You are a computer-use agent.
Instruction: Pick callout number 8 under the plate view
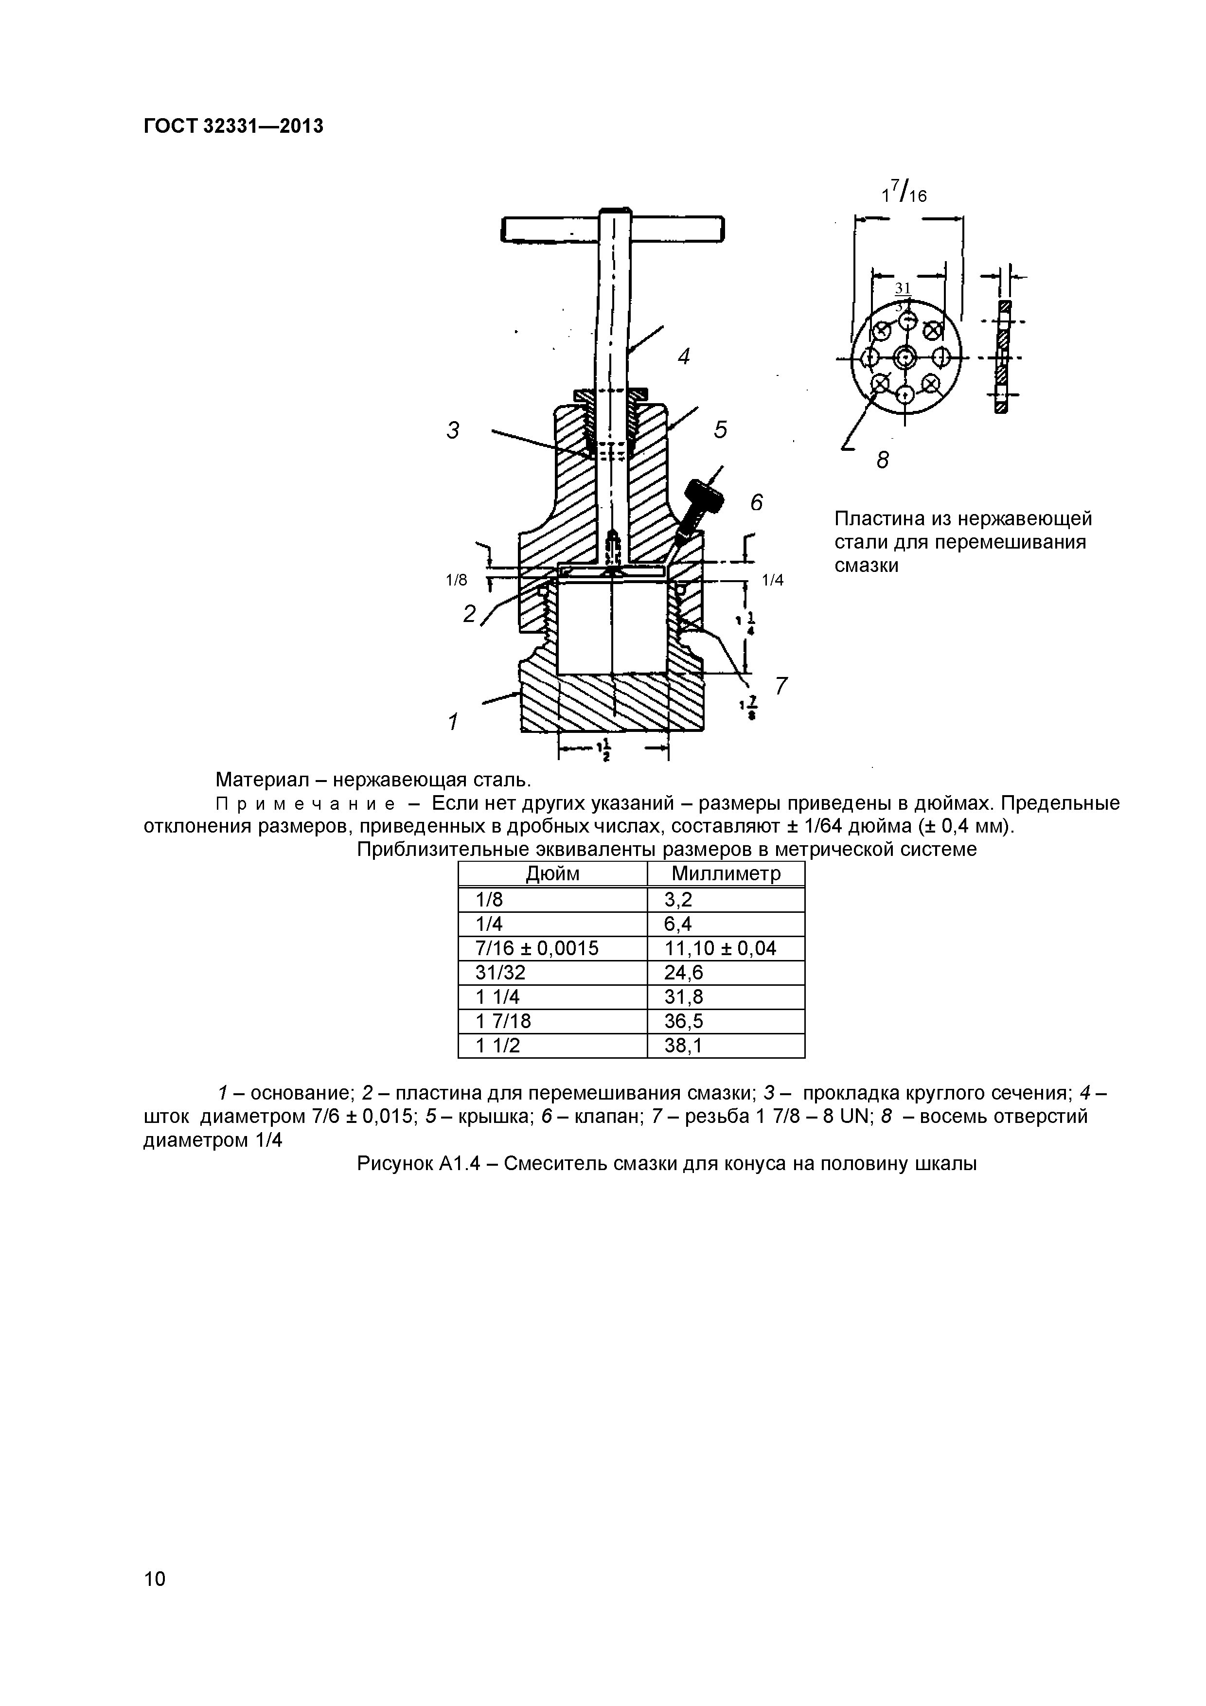882,461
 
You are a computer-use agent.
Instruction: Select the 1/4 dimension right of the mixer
773,580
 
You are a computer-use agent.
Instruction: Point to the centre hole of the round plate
904,358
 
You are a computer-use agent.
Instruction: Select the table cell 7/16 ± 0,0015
536,948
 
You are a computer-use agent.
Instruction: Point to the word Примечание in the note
304,804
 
